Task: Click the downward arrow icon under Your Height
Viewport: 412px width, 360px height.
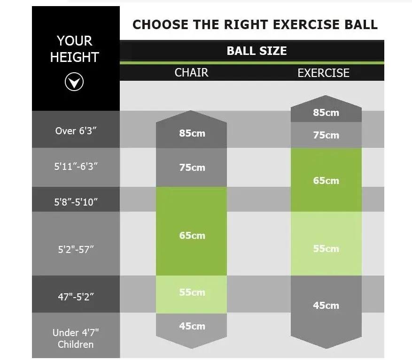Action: coord(74,83)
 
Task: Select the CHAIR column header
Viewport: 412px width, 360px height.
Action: coord(191,73)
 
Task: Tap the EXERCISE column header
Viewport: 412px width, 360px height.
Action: coord(323,73)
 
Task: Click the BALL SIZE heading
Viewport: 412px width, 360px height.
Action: coord(257,51)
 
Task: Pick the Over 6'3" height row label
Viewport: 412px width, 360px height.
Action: coord(75,130)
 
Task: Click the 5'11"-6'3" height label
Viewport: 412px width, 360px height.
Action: coord(75,167)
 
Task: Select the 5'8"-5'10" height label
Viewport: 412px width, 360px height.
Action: coord(75,202)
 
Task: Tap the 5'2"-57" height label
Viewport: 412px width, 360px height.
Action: coord(76,249)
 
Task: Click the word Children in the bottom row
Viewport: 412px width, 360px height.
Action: coord(76,345)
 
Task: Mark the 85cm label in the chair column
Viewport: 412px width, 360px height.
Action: coord(192,133)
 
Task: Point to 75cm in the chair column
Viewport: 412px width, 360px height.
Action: coord(192,168)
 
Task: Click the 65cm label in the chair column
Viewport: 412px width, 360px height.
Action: coord(192,236)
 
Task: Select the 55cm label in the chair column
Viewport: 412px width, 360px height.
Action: coord(192,292)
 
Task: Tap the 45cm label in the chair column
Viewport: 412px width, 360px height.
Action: coord(192,326)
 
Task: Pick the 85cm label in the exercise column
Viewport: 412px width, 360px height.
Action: coord(326,113)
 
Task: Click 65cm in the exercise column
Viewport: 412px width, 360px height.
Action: coord(326,181)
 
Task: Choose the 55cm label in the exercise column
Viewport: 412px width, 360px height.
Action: coord(326,249)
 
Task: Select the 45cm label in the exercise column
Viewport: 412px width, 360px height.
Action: coord(326,306)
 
